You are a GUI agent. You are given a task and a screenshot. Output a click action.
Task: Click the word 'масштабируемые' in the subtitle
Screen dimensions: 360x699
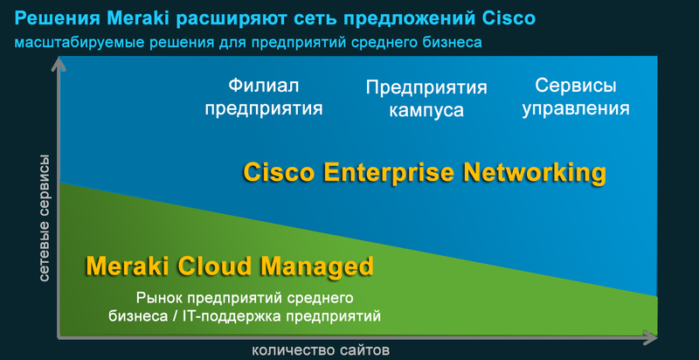(x=70, y=41)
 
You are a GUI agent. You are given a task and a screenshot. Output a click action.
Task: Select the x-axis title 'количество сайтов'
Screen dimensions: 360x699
(x=320, y=350)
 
